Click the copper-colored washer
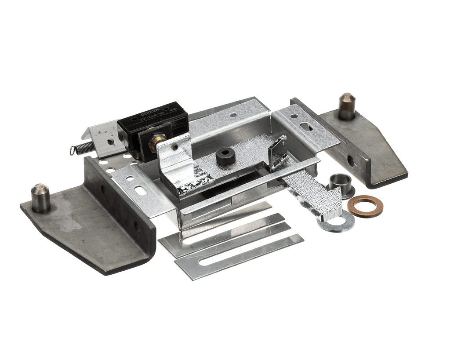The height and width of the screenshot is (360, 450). click(x=365, y=206)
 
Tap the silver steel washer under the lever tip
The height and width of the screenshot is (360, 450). click(x=336, y=221)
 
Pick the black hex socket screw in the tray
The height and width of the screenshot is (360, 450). click(x=225, y=156)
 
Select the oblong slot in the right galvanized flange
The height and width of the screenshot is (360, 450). click(x=307, y=127)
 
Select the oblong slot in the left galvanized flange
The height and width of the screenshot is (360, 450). click(x=140, y=190)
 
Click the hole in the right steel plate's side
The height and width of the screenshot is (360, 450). click(x=350, y=160)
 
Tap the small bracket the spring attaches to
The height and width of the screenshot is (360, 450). click(x=104, y=138)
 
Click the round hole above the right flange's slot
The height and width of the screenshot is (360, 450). click(x=294, y=116)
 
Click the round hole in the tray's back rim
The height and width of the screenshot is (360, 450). click(x=233, y=115)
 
